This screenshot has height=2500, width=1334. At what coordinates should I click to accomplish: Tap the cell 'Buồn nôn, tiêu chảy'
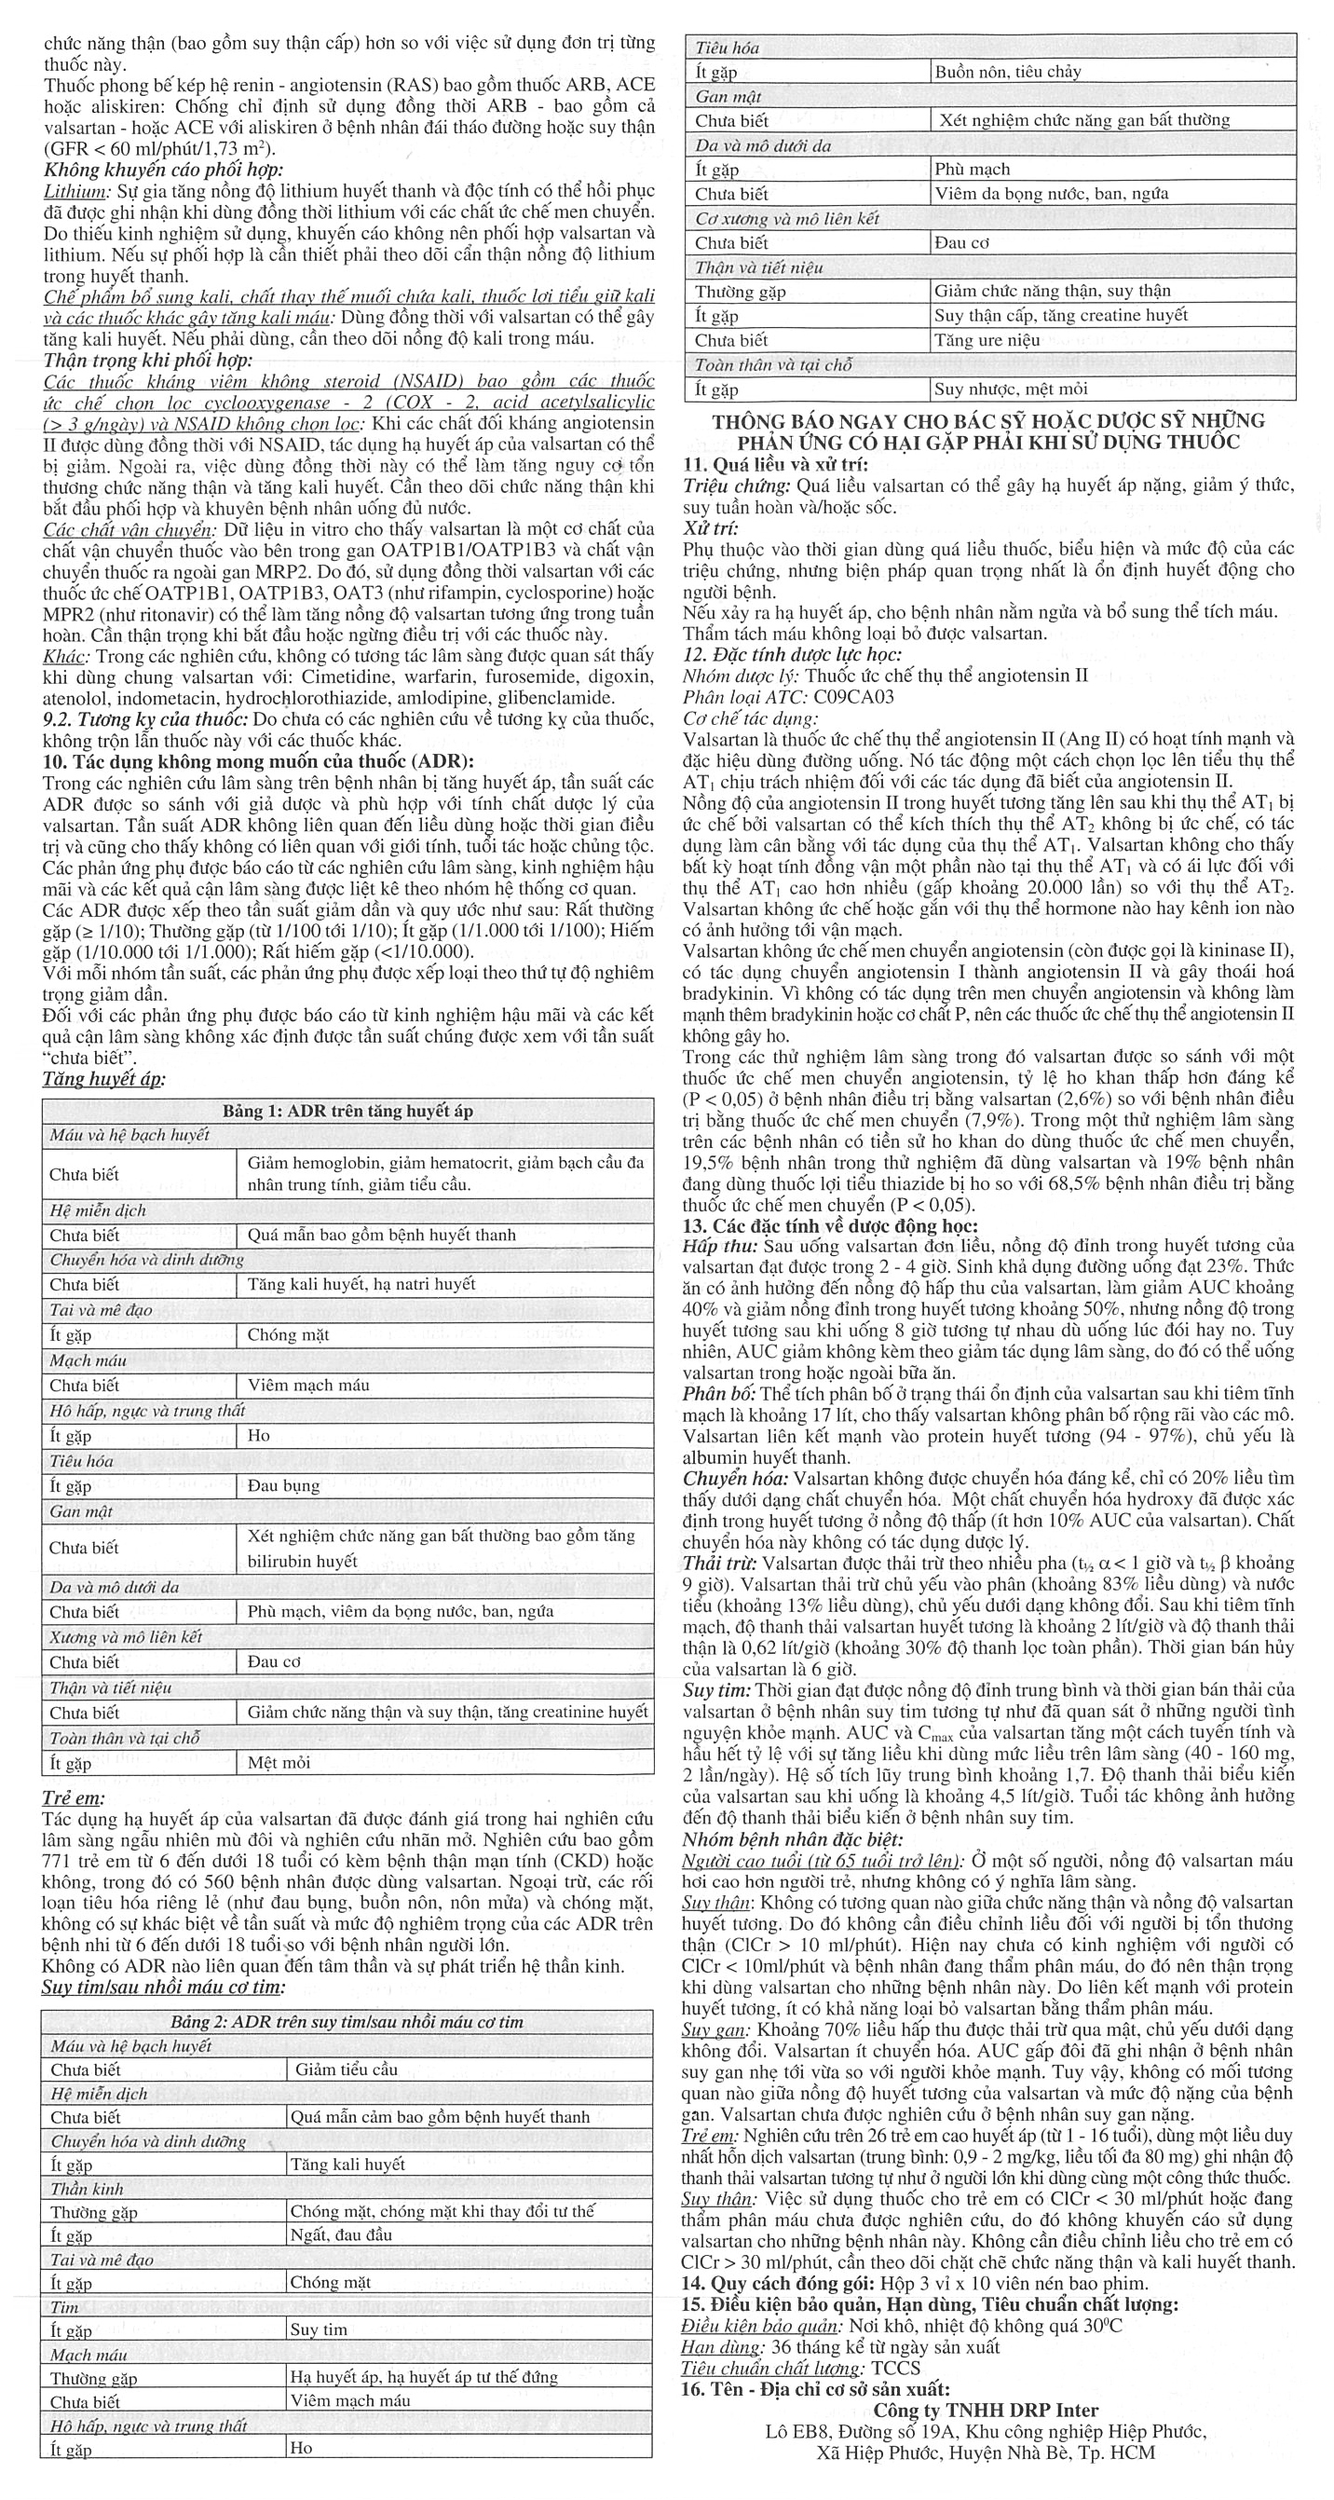click(1007, 71)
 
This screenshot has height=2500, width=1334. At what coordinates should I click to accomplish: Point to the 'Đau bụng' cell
click(279, 1486)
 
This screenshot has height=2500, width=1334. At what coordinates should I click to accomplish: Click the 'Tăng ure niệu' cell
click(987, 341)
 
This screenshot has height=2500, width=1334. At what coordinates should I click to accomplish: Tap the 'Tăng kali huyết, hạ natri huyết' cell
click(361, 1284)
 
